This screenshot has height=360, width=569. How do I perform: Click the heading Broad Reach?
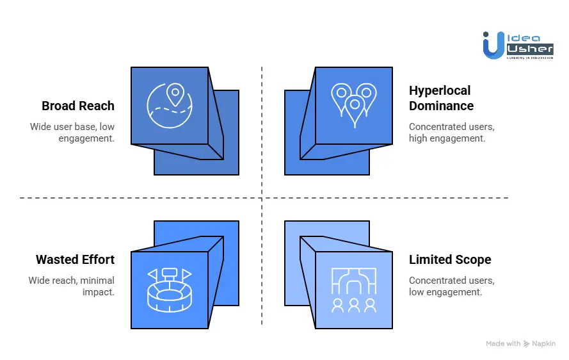click(x=78, y=106)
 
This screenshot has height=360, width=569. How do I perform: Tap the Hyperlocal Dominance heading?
click(x=441, y=98)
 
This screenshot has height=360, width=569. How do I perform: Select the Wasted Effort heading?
click(x=75, y=259)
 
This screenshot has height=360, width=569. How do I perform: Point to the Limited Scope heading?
click(x=450, y=259)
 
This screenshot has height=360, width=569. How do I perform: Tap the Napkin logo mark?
click(x=527, y=344)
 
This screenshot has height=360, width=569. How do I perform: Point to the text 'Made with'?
click(x=503, y=344)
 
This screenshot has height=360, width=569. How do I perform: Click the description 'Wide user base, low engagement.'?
click(x=72, y=132)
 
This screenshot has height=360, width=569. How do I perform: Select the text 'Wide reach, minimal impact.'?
click(x=71, y=286)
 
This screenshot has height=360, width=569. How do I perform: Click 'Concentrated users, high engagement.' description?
click(x=451, y=132)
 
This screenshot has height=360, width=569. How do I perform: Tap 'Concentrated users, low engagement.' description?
click(x=451, y=286)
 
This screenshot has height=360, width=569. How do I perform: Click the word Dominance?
click(x=441, y=106)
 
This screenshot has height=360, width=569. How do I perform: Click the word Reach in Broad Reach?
click(x=97, y=106)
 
